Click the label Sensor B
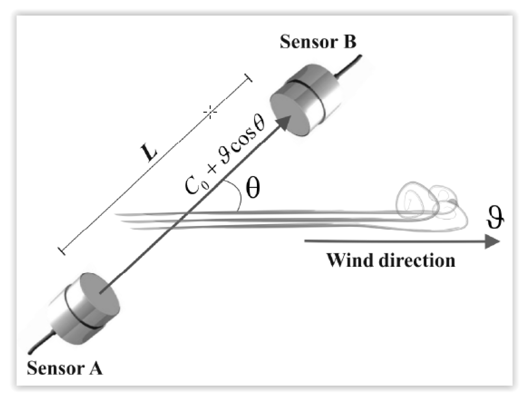[318, 42]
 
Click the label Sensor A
[64, 368]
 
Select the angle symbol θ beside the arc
[252, 188]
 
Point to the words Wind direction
[391, 260]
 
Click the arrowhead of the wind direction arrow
[492, 242]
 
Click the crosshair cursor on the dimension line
[210, 112]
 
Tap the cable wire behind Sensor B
[349, 66]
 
